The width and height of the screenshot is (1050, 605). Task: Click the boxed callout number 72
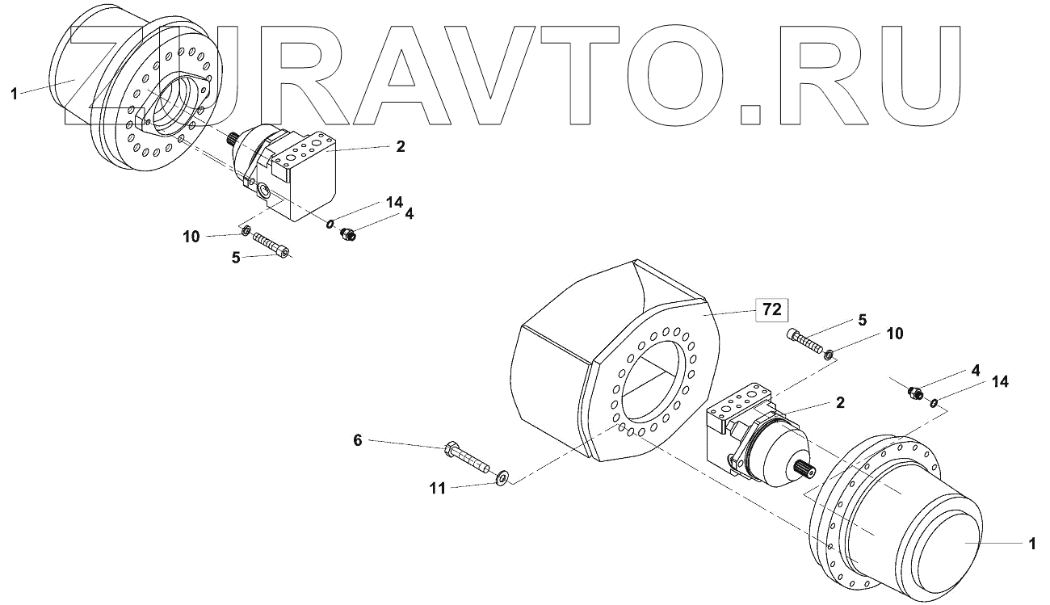pyautogui.click(x=771, y=309)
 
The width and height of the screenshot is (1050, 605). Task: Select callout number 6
pyautogui.click(x=357, y=439)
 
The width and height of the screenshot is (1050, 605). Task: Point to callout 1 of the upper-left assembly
pyautogui.click(x=14, y=95)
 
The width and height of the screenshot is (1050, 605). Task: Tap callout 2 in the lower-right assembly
pyautogui.click(x=841, y=402)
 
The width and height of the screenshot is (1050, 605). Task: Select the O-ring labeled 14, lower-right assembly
pyautogui.click(x=934, y=402)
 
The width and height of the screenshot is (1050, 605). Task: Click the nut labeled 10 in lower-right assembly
pyautogui.click(x=831, y=351)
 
